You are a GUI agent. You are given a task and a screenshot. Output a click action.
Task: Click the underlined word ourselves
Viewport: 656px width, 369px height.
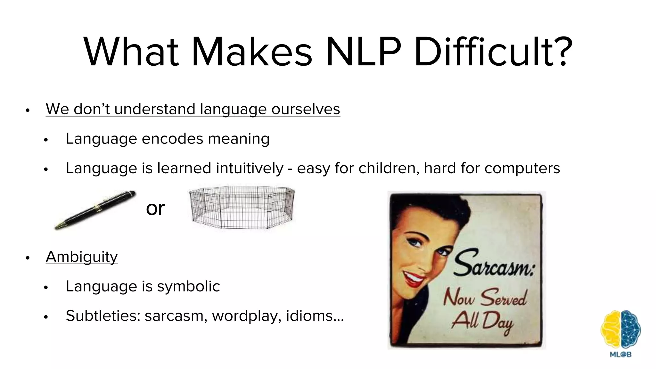pos(306,109)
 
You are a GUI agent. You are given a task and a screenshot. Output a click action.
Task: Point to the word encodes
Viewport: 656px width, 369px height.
pos(172,139)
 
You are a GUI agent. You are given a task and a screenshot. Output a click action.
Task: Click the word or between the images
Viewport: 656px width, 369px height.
pos(155,209)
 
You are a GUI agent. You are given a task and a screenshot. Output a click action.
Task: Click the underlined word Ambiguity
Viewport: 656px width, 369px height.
pos(82,257)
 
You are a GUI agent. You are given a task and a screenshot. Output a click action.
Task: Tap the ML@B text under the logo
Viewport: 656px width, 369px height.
pos(620,355)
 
